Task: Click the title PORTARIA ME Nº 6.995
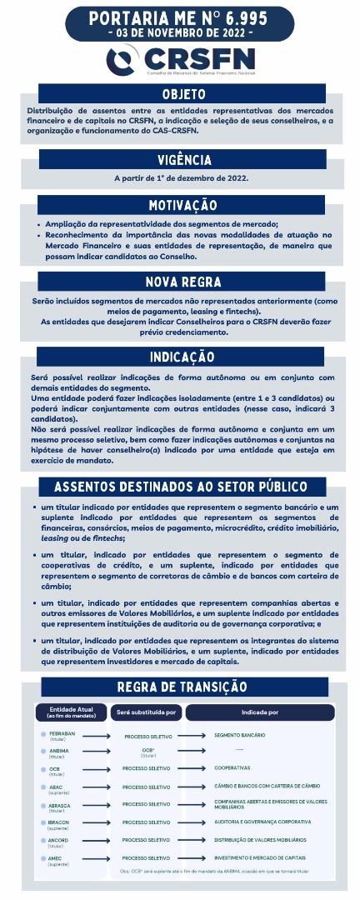coord(180,17)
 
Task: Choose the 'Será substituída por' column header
coord(147,712)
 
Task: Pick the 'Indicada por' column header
coord(260,712)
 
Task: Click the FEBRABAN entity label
coord(62,735)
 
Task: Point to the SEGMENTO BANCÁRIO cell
coord(239,735)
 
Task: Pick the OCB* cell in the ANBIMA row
coord(147,751)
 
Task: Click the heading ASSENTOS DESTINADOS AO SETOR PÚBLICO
coord(180,486)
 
